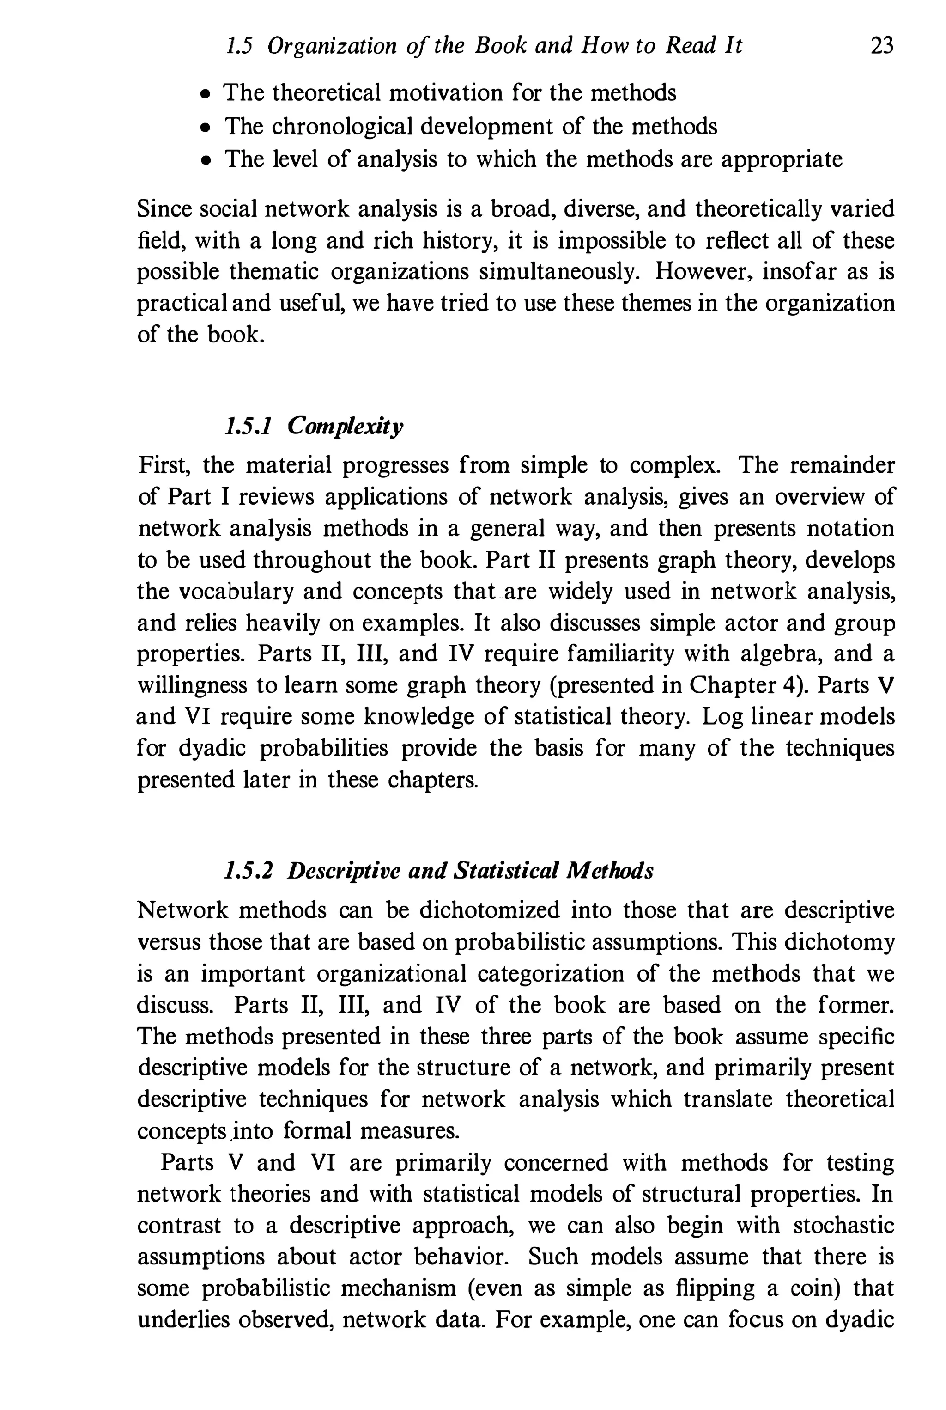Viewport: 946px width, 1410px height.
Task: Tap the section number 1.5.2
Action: [x=249, y=870]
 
